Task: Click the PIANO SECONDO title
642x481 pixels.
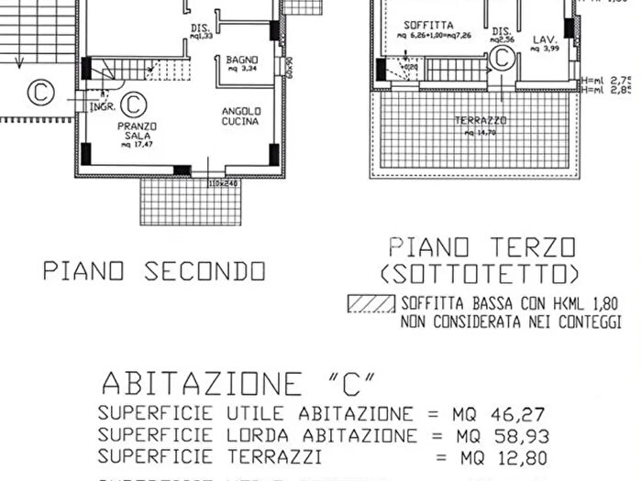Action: (154, 271)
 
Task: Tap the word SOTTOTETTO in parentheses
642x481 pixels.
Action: (481, 274)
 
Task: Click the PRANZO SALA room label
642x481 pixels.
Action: (137, 131)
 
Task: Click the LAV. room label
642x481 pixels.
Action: (545, 39)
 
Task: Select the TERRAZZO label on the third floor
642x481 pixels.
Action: (481, 120)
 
